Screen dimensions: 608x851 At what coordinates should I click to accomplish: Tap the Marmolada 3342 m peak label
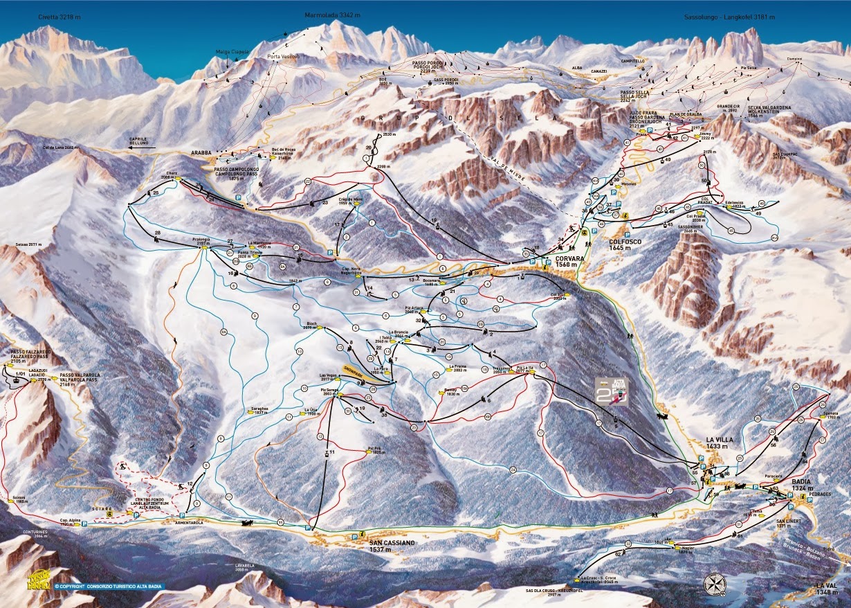332,15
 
